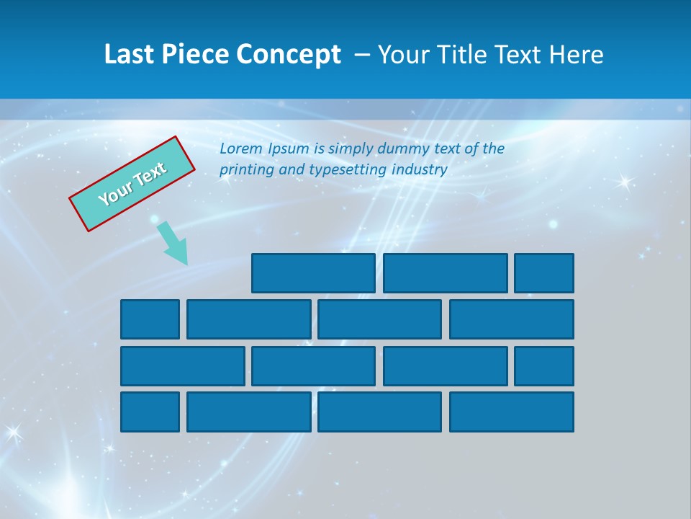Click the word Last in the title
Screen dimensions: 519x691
tap(127, 55)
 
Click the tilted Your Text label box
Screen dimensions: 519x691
tap(132, 183)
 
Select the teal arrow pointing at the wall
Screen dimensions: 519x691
tap(173, 243)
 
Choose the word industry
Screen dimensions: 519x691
tap(420, 170)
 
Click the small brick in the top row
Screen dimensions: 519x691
tap(543, 273)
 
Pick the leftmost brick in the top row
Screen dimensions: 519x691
tap(313, 273)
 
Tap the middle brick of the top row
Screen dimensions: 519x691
tap(445, 273)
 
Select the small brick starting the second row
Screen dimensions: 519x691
tap(150, 319)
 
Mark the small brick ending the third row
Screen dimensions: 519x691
tap(543, 366)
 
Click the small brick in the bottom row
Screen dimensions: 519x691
tap(150, 412)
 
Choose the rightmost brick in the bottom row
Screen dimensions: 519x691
tap(511, 412)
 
